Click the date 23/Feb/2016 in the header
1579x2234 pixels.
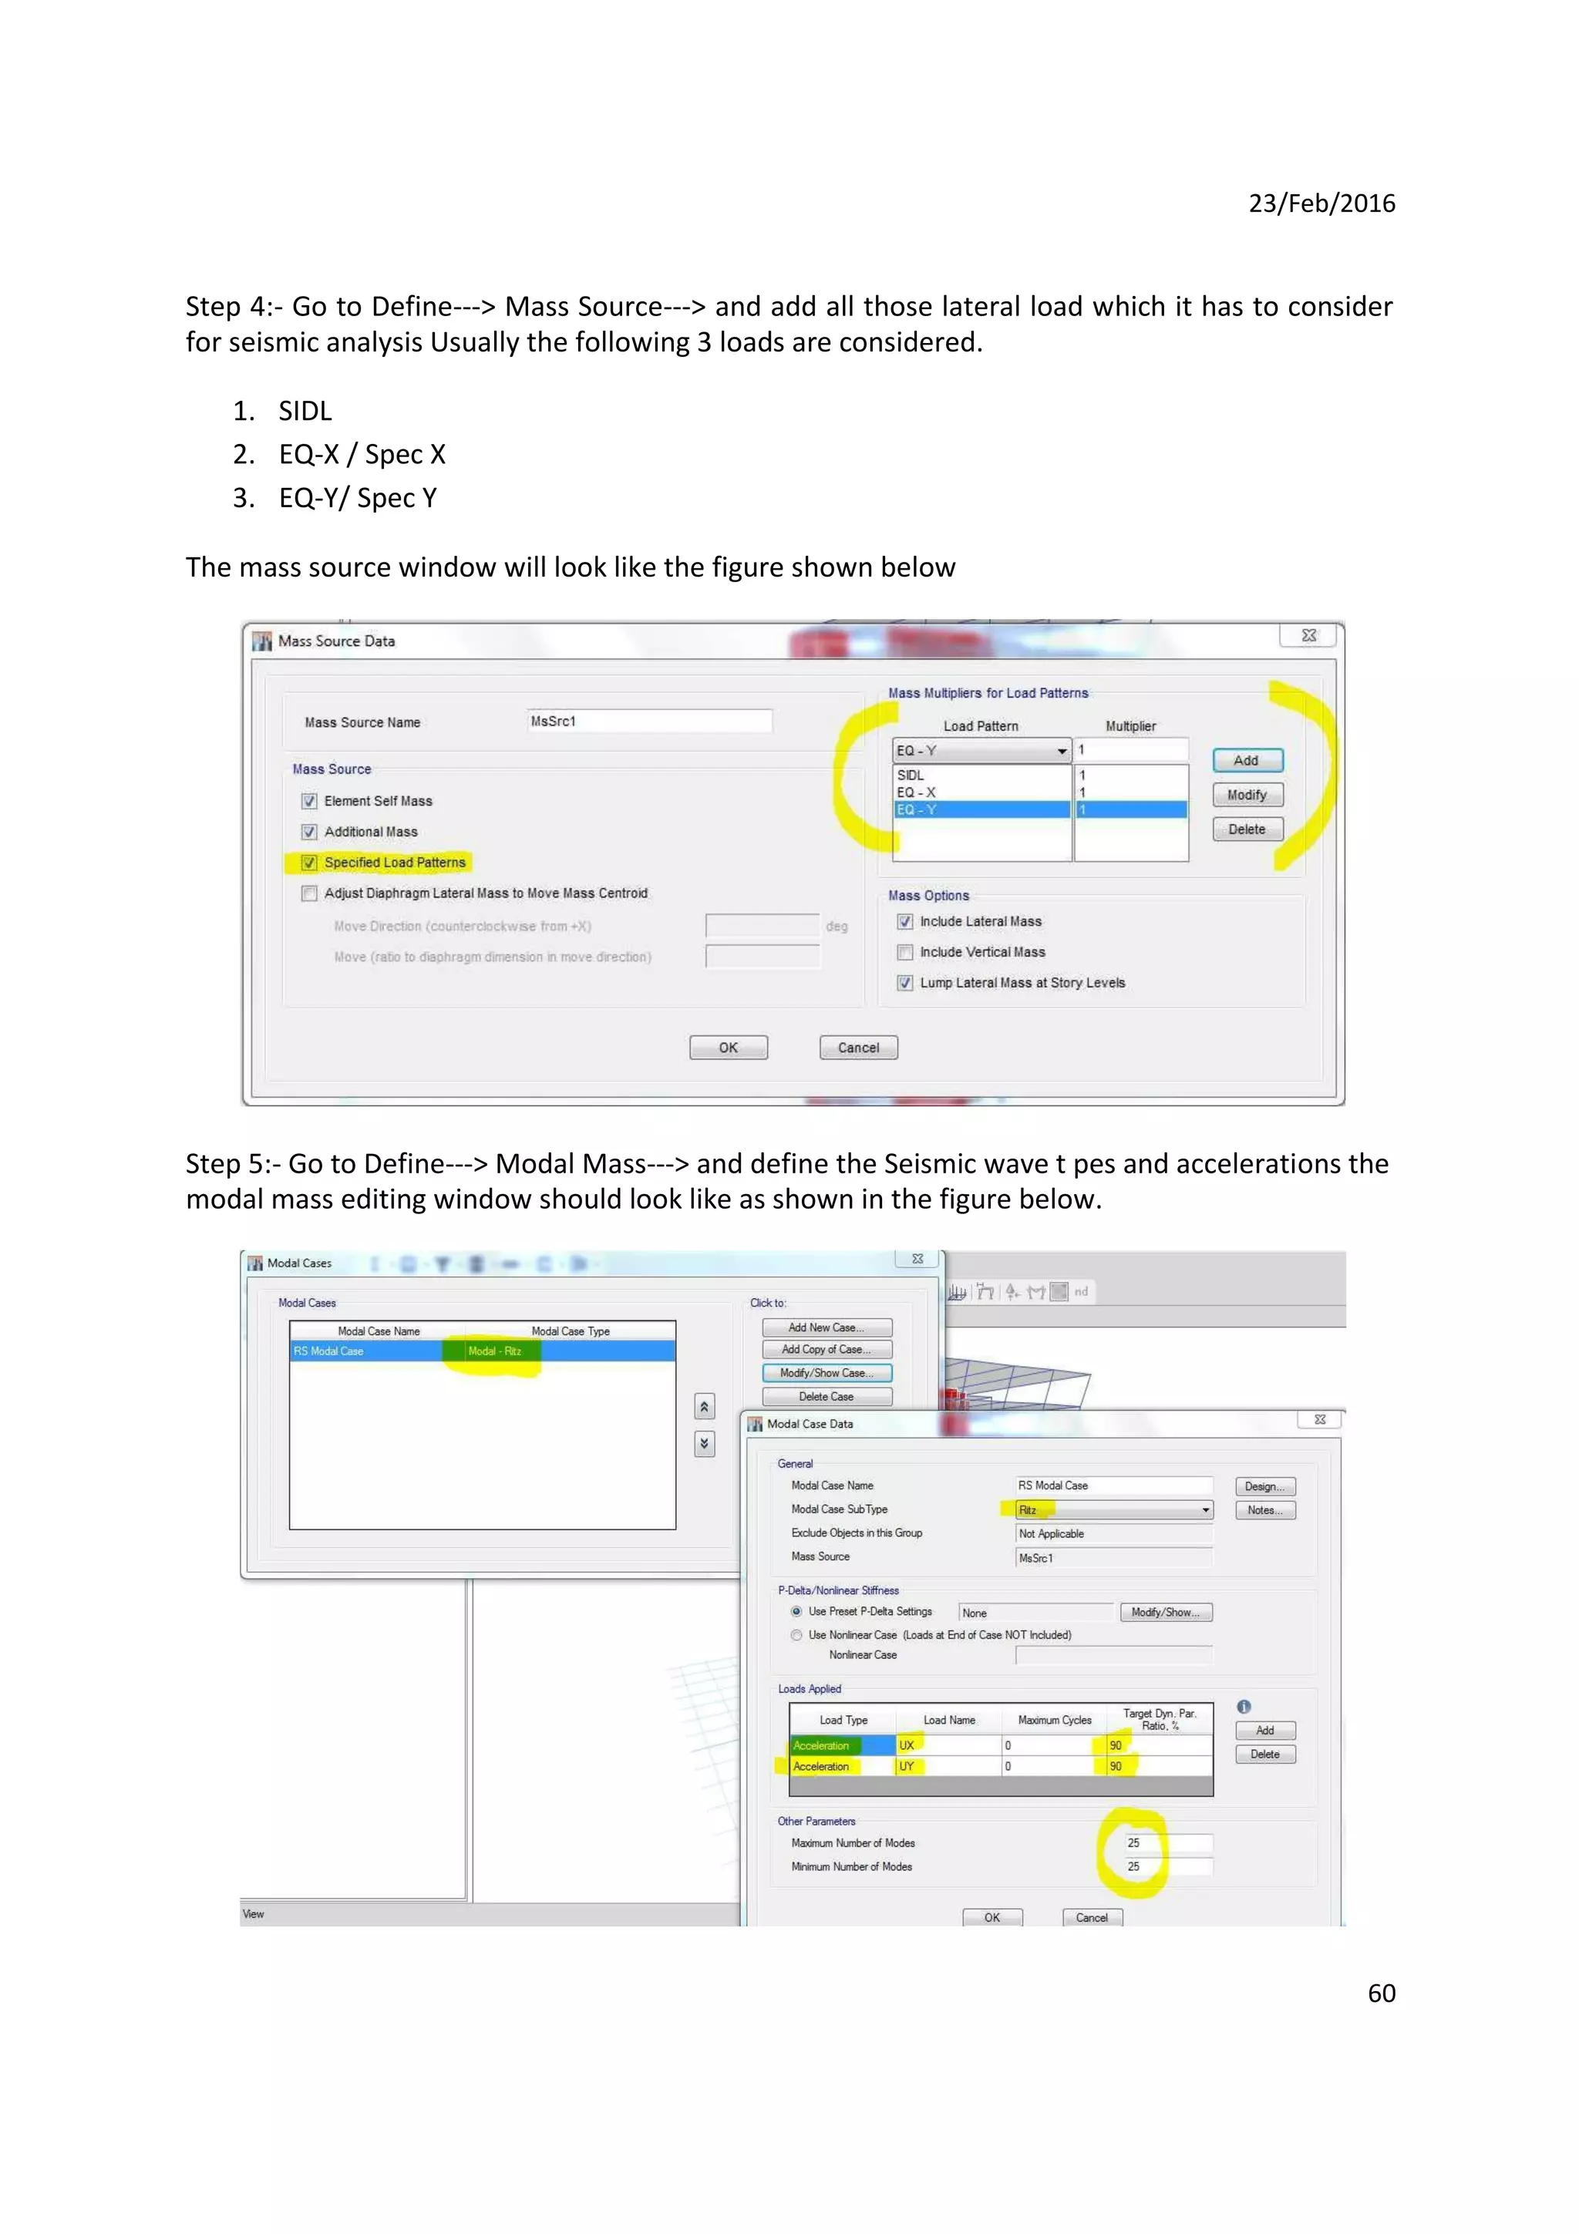tap(1321, 204)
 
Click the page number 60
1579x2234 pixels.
tap(1381, 1993)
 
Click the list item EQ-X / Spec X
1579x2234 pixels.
tap(361, 454)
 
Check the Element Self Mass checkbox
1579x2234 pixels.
tap(309, 801)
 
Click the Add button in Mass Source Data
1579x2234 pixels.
tap(1246, 760)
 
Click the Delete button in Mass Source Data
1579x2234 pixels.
tap(1246, 829)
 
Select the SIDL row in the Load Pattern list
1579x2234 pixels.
tap(981, 776)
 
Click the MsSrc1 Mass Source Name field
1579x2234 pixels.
tap(649, 721)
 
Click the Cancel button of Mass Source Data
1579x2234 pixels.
tap(858, 1048)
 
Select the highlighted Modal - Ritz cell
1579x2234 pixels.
tap(494, 1351)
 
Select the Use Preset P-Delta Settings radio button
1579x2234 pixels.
tap(796, 1611)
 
